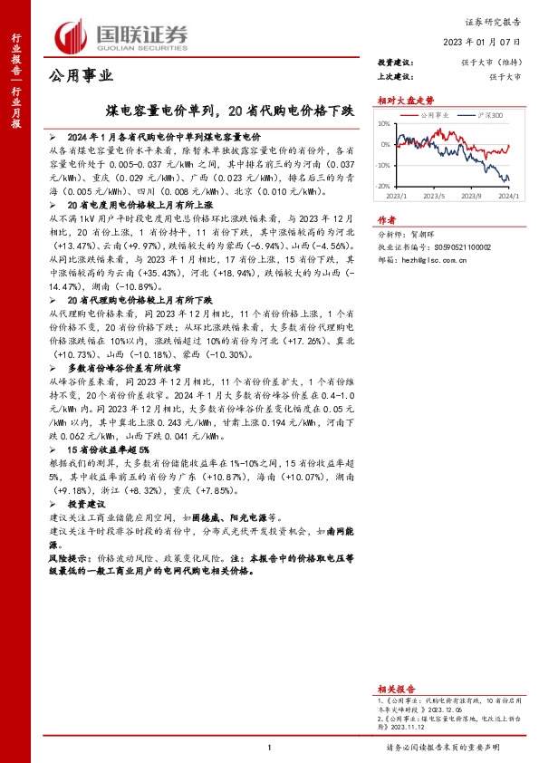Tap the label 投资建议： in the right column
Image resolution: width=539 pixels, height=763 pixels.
point(395,62)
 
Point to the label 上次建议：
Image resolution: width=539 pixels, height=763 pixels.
point(395,76)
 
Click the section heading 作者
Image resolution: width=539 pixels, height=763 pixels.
point(387,219)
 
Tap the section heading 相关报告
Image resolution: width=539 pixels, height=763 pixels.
point(395,689)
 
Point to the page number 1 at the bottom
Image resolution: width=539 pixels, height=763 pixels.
point(269,747)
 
